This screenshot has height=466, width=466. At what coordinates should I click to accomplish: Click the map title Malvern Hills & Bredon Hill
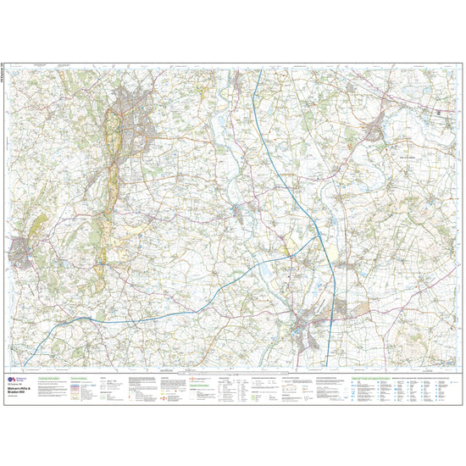click(25, 392)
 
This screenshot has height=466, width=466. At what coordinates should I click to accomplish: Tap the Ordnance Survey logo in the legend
click(11, 381)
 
